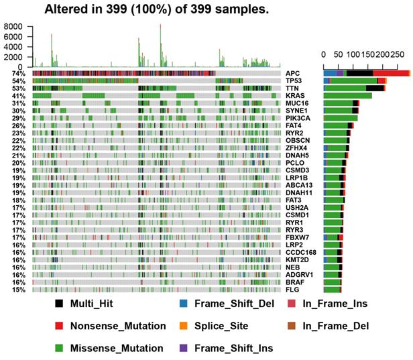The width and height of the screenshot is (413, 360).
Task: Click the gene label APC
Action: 293,73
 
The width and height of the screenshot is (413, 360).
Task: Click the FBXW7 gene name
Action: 297,237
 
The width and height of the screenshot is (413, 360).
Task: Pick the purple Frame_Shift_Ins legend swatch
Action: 184,348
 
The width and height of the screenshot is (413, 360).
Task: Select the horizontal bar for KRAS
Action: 347,96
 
